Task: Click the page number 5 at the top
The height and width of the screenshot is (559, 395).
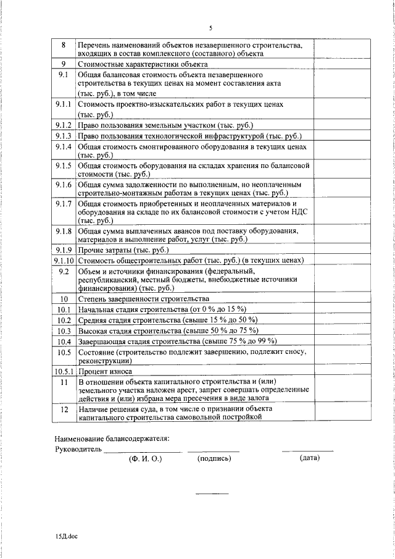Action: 210,28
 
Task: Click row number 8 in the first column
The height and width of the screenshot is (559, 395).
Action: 64,45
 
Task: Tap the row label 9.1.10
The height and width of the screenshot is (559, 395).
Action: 64,261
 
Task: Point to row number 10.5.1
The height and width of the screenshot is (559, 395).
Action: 64,372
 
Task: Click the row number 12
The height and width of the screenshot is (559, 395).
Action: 64,409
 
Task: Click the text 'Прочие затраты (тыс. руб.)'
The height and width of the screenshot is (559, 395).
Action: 123,250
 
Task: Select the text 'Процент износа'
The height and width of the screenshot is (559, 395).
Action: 105,372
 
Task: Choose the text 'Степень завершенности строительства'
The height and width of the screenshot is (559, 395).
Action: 139,299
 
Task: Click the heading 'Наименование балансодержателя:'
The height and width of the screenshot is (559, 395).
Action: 112,439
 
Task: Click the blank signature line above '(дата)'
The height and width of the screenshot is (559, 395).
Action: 307,452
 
